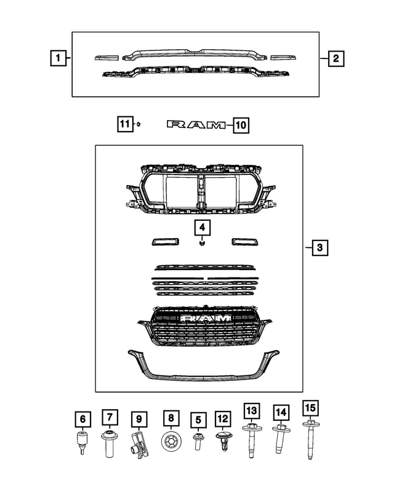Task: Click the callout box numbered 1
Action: (x=57, y=59)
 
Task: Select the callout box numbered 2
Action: (x=336, y=59)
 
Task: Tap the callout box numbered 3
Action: (x=320, y=248)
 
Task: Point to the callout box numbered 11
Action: (x=125, y=125)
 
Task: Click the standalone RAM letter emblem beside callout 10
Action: (x=196, y=125)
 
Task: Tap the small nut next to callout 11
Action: (x=140, y=125)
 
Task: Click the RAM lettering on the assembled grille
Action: (x=205, y=318)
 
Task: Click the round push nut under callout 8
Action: (x=171, y=442)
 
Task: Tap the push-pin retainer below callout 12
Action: (x=222, y=441)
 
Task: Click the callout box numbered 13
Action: (x=251, y=410)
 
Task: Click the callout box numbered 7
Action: (x=109, y=418)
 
